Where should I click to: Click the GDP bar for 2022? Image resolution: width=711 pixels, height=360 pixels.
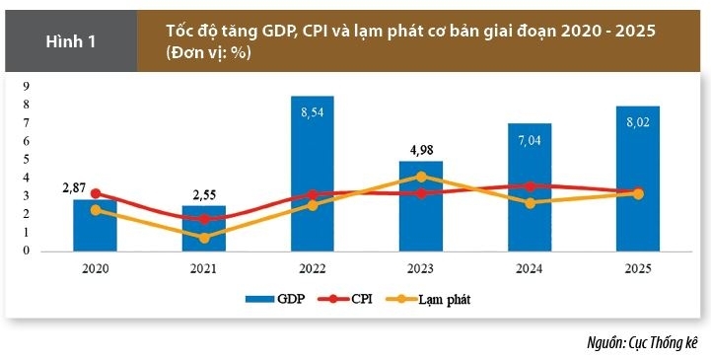[313, 174]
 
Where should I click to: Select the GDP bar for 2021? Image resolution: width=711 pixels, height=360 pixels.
[204, 228]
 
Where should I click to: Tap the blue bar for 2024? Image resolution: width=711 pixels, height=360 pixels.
[530, 187]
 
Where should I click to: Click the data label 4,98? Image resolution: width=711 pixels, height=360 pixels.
[421, 150]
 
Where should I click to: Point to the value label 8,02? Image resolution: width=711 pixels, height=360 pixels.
[638, 122]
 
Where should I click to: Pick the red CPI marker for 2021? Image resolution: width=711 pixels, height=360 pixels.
[204, 219]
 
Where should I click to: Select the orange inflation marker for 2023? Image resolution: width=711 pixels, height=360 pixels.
[421, 177]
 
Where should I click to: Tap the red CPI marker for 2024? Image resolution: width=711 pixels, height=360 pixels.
[530, 186]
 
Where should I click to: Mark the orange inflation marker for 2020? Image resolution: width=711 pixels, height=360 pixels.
[96, 210]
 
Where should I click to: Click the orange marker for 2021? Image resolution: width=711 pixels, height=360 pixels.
[204, 238]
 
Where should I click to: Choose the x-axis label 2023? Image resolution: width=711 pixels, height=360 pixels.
[421, 268]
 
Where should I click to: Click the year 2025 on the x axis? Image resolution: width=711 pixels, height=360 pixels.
[638, 268]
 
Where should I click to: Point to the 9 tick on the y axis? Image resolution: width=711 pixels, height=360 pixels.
[27, 86]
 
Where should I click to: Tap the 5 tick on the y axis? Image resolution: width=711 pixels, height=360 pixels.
[27, 159]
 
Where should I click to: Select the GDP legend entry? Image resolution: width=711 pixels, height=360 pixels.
[275, 299]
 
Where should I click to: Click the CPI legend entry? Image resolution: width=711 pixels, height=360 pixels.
[345, 299]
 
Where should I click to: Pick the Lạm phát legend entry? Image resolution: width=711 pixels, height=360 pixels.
[428, 299]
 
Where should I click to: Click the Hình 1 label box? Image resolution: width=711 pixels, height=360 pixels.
[71, 41]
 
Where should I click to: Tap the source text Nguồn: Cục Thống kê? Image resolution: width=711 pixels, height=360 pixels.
[642, 343]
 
